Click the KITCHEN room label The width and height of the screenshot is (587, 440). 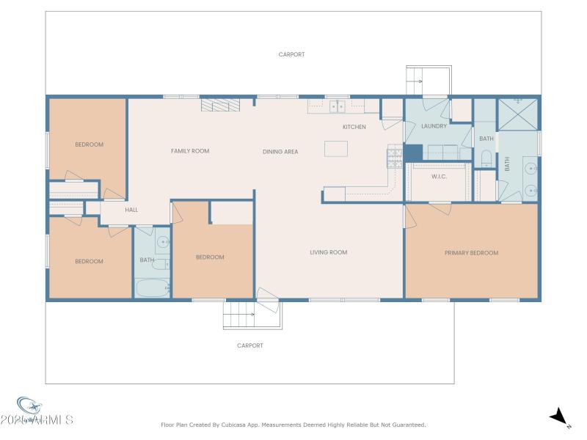point(354,128)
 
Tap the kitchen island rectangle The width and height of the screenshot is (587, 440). point(335,148)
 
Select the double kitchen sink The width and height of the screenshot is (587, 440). point(338,106)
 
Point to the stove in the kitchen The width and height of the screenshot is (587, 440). point(394,155)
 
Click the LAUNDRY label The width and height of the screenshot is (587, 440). point(434,126)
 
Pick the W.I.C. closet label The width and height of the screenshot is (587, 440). point(439,176)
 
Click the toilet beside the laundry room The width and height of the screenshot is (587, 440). point(486,158)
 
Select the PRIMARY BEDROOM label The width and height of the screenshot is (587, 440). point(471,253)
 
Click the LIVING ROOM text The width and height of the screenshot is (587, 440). point(328,252)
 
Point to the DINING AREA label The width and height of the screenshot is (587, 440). point(280,152)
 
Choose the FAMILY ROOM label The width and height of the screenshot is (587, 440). point(190,151)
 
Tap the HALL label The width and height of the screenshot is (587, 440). point(131,210)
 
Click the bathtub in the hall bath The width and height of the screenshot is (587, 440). point(153,288)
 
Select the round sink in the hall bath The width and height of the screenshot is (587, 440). point(163,242)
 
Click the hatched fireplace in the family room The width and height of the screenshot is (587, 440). point(217,106)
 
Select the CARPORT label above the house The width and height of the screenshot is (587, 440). point(291,54)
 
